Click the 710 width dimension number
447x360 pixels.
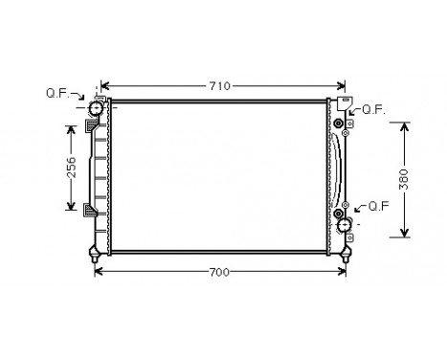(x=220, y=86)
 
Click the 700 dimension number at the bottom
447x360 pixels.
(x=219, y=274)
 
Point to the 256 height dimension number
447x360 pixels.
(x=70, y=169)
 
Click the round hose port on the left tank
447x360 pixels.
(x=96, y=112)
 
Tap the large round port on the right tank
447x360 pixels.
(x=345, y=227)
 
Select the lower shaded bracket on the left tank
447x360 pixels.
(x=90, y=211)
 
